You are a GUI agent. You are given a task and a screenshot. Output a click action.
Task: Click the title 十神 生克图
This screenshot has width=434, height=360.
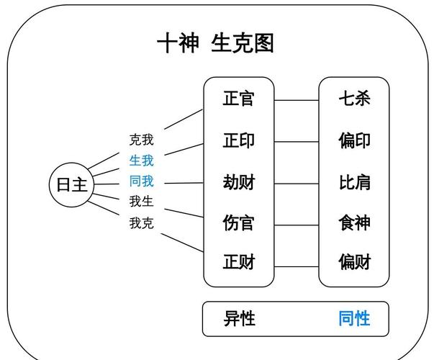(215, 43)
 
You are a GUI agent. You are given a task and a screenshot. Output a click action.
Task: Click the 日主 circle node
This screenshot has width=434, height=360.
(71, 184)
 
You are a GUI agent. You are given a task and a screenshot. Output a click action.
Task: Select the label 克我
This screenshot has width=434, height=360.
(141, 140)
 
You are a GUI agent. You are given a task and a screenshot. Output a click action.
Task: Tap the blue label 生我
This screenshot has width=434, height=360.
(141, 160)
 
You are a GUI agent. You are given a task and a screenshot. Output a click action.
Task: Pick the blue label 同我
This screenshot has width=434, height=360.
(141, 180)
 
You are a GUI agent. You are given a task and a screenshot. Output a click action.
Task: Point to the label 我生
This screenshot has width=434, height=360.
(141, 201)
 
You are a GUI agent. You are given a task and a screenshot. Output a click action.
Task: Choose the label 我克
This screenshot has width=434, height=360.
(141, 222)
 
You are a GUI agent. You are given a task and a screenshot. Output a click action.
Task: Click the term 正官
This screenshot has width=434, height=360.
(238, 99)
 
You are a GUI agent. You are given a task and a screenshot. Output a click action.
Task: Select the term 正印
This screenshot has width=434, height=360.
(238, 140)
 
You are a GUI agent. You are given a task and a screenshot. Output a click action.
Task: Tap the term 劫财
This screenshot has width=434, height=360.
(238, 181)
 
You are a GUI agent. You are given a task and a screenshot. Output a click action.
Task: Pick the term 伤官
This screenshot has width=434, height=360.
(238, 222)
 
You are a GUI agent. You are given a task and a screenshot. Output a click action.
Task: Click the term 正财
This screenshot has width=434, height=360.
(238, 261)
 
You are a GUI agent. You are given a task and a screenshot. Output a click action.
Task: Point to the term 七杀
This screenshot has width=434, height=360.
(354, 99)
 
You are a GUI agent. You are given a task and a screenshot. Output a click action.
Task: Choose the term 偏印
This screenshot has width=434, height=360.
(354, 140)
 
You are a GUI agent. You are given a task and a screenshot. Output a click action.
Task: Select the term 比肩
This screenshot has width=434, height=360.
(354, 181)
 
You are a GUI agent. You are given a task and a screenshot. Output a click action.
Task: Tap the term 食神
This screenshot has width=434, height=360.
(354, 222)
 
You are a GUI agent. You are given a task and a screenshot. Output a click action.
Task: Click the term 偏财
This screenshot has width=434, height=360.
(354, 261)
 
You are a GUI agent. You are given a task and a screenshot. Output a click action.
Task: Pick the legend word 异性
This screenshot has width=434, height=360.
(239, 318)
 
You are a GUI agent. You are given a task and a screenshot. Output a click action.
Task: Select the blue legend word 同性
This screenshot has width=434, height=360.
(354, 318)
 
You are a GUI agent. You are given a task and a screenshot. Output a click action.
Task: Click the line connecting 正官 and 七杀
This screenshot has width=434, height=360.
(297, 100)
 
